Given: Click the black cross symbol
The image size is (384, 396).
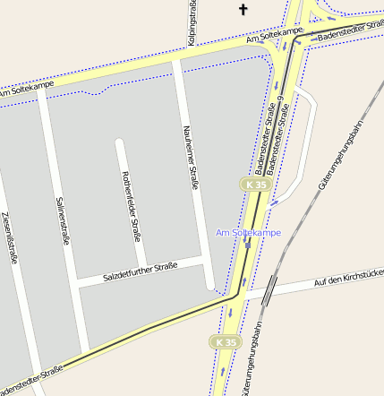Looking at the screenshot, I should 243,10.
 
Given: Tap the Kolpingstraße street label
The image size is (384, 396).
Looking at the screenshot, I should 192,23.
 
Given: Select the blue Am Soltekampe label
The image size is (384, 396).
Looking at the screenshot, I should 248,233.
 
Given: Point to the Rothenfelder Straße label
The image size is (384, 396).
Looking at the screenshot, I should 132,206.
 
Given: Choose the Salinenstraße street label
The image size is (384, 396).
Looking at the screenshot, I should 63,221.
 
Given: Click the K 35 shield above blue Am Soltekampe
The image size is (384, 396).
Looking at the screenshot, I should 255,185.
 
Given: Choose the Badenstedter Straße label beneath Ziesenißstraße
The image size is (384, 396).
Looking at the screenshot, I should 31,380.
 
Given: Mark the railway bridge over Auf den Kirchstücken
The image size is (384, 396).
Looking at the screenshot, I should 270,288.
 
